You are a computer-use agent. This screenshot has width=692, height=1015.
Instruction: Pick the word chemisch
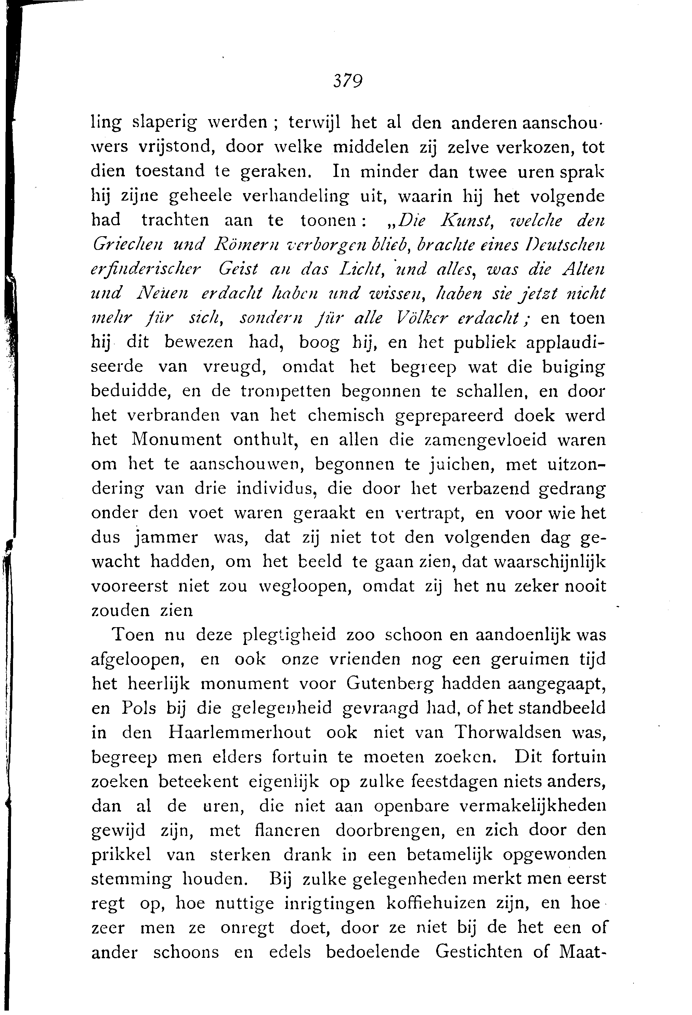pyautogui.click(x=345, y=415)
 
